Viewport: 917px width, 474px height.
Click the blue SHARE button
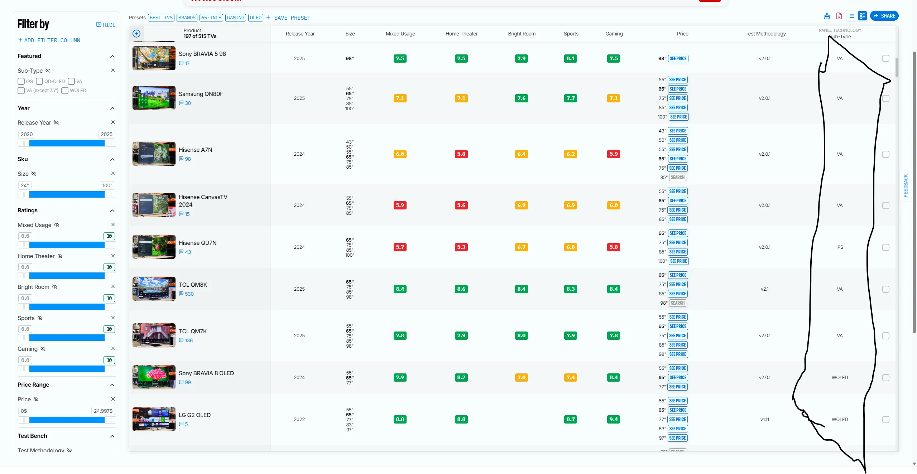[x=884, y=16]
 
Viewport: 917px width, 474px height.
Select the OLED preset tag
[x=255, y=18]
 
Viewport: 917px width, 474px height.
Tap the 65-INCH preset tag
[x=211, y=18]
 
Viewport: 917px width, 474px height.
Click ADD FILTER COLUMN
[x=49, y=40]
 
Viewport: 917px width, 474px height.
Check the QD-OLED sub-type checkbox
[x=40, y=81]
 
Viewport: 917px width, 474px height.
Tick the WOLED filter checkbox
[x=65, y=91]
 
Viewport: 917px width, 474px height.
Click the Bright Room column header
[x=522, y=34]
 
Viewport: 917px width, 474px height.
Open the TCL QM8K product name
[x=193, y=285]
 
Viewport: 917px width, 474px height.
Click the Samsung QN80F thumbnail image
[x=154, y=98]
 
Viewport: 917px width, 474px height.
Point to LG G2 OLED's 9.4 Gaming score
[x=614, y=419]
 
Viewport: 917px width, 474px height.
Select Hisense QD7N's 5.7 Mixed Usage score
[x=400, y=247]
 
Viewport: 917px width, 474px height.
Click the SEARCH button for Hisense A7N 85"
[x=677, y=177]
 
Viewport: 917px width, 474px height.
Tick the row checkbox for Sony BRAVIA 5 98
[x=885, y=58]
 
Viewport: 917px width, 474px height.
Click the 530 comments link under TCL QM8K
[x=189, y=294]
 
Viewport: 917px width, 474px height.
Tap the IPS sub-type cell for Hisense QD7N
[x=840, y=247]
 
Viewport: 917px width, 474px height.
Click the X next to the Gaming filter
[x=113, y=348]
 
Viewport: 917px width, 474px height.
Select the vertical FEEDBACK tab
[x=906, y=185]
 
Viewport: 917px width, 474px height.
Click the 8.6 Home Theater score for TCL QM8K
[x=461, y=289]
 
